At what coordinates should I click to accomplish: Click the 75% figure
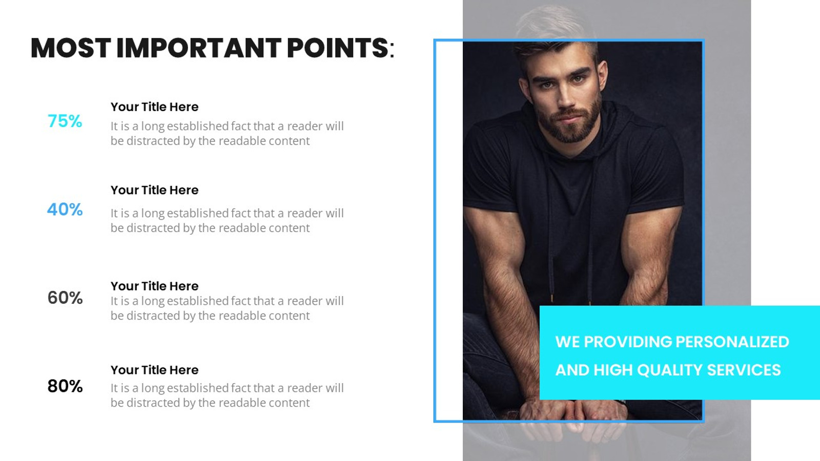point(65,121)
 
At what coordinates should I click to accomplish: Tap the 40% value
point(65,209)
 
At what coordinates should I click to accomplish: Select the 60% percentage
point(65,298)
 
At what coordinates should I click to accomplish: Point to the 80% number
point(65,386)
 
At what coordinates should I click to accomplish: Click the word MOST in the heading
point(70,48)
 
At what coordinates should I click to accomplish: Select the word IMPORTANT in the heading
point(198,48)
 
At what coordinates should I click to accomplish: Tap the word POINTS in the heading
point(337,48)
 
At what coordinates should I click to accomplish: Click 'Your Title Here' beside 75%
point(154,107)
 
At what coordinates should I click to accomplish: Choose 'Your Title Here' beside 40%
point(154,190)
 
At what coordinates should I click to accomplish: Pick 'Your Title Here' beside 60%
point(154,286)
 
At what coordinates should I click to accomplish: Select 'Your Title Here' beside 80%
point(154,370)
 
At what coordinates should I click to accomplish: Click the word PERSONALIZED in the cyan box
point(732,342)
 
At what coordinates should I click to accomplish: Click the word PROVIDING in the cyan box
point(628,342)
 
